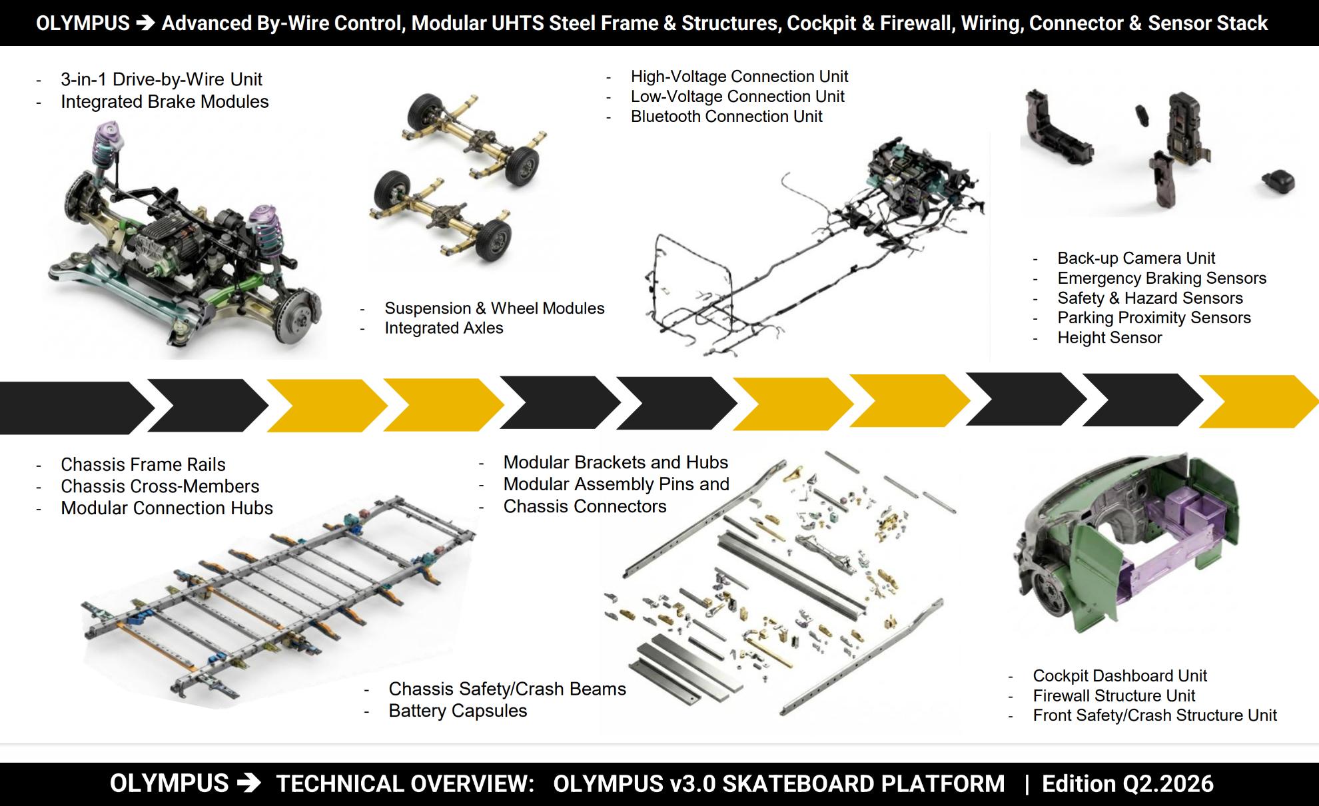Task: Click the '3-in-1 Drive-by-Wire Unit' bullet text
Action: [161, 79]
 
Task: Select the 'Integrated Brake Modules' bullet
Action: [165, 101]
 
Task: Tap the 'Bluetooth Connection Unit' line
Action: [726, 117]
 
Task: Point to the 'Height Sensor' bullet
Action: [1109, 338]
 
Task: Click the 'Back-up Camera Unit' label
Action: [1136, 258]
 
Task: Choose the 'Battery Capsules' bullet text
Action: [458, 711]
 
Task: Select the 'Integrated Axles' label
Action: [444, 328]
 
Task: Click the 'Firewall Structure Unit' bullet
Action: [1114, 696]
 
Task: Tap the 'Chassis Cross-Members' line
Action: [160, 486]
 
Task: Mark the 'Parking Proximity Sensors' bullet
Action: [1154, 318]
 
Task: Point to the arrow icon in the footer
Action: [248, 783]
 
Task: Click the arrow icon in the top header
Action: [145, 23]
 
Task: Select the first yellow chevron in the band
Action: [327, 406]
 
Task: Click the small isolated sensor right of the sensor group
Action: [1278, 181]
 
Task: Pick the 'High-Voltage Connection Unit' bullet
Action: [739, 77]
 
